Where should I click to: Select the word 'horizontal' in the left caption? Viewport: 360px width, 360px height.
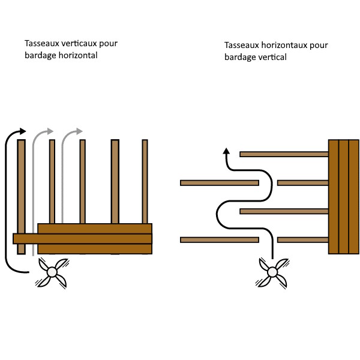click(77, 55)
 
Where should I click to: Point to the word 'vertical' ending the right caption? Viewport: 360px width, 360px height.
click(272, 57)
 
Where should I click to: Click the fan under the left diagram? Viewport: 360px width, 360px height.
click(52, 272)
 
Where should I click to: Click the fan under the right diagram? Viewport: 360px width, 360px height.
click(273, 272)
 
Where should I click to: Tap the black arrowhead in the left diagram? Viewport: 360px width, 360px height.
click(23, 131)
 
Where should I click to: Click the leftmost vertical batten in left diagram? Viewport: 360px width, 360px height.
click(22, 180)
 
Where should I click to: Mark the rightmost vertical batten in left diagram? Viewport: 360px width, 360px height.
click(145, 180)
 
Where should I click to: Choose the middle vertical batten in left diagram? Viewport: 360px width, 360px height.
click(83, 180)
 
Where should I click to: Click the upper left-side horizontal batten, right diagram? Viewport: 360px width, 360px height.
click(219, 182)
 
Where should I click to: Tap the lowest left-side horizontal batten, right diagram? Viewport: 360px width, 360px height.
click(219, 240)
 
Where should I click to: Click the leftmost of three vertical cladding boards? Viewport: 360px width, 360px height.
click(334, 197)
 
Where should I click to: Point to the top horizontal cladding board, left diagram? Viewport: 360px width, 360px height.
click(94, 228)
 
